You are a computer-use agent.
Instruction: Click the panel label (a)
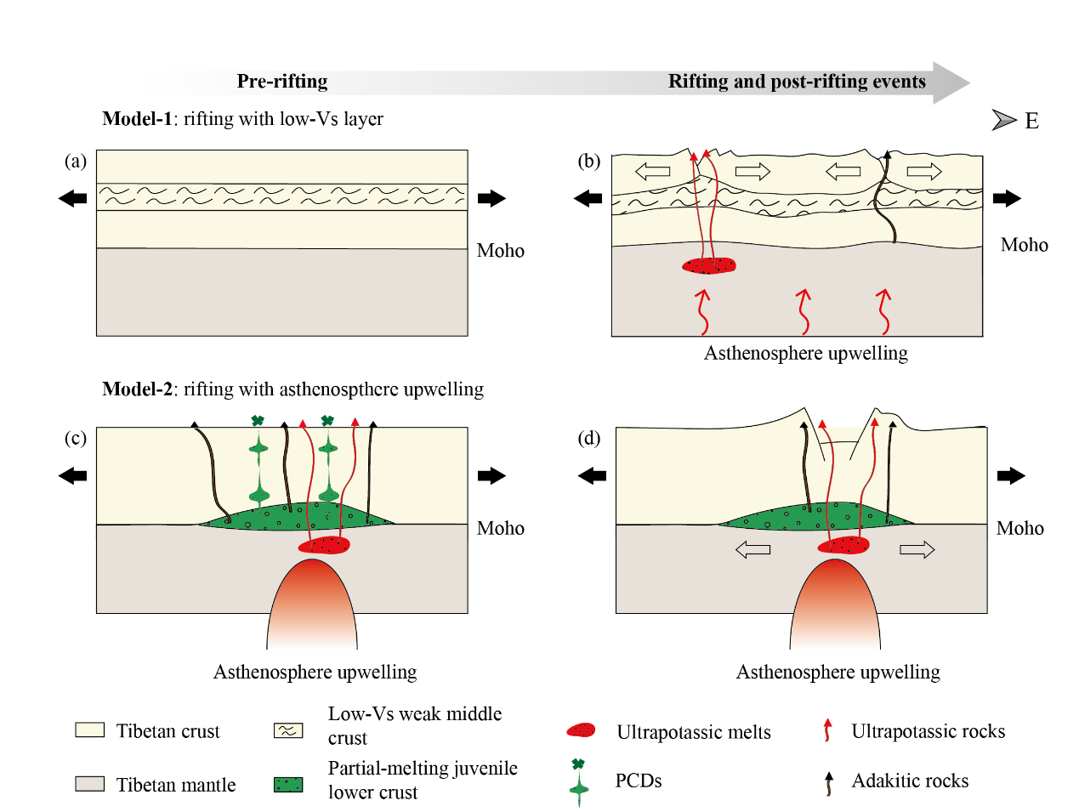tap(76, 161)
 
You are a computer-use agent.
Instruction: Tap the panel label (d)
tap(589, 438)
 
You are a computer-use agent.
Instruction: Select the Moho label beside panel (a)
tap(500, 251)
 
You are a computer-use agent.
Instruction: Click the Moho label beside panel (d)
tap(1019, 529)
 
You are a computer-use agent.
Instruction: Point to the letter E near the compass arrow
tap(1031, 122)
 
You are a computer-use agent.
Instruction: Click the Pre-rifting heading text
tap(281, 82)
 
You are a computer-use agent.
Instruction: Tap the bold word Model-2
tap(137, 389)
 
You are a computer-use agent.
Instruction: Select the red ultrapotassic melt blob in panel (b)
tap(709, 266)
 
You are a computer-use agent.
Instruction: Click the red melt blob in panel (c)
tap(324, 545)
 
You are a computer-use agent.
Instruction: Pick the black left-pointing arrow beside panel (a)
tap(73, 199)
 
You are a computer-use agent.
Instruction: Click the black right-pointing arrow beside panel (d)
tap(1011, 476)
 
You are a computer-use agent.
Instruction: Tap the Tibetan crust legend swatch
tap(89, 730)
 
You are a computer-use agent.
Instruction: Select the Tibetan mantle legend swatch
tap(89, 784)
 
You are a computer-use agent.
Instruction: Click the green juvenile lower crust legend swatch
tap(288, 784)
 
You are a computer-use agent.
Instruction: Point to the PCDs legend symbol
tap(578, 781)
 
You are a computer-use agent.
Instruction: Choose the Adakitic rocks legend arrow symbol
tap(828, 782)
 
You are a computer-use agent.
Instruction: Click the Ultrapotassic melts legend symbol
tap(581, 730)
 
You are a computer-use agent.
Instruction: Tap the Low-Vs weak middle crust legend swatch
tap(288, 730)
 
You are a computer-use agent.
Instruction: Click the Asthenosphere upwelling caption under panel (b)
tap(805, 354)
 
